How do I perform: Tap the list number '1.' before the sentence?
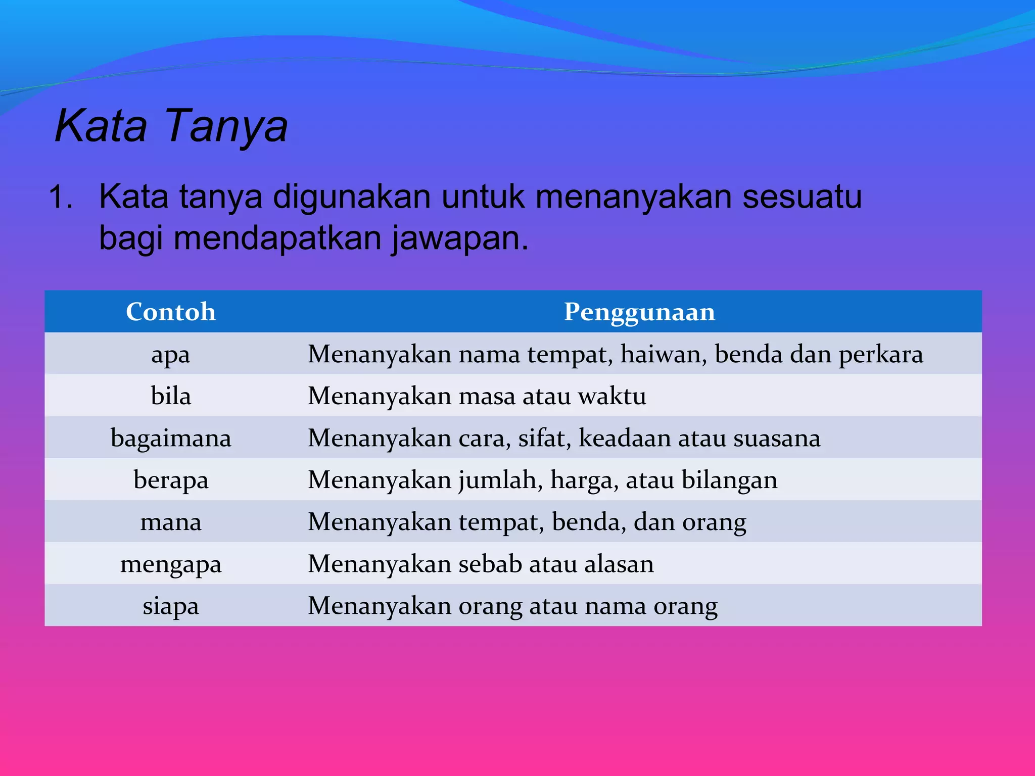(61, 197)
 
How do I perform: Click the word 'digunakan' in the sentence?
(352, 197)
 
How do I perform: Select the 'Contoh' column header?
(171, 312)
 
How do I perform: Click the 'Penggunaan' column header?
(639, 312)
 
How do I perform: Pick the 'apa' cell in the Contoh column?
(171, 354)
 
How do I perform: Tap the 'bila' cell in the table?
(171, 396)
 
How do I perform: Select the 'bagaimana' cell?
(171, 438)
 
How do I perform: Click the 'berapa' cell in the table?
(171, 480)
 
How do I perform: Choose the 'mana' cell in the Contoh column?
(171, 522)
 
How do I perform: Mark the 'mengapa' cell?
(171, 564)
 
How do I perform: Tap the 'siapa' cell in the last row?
(171, 606)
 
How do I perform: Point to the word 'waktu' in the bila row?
(612, 396)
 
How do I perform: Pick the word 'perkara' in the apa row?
(881, 354)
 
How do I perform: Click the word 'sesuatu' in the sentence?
(802, 197)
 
